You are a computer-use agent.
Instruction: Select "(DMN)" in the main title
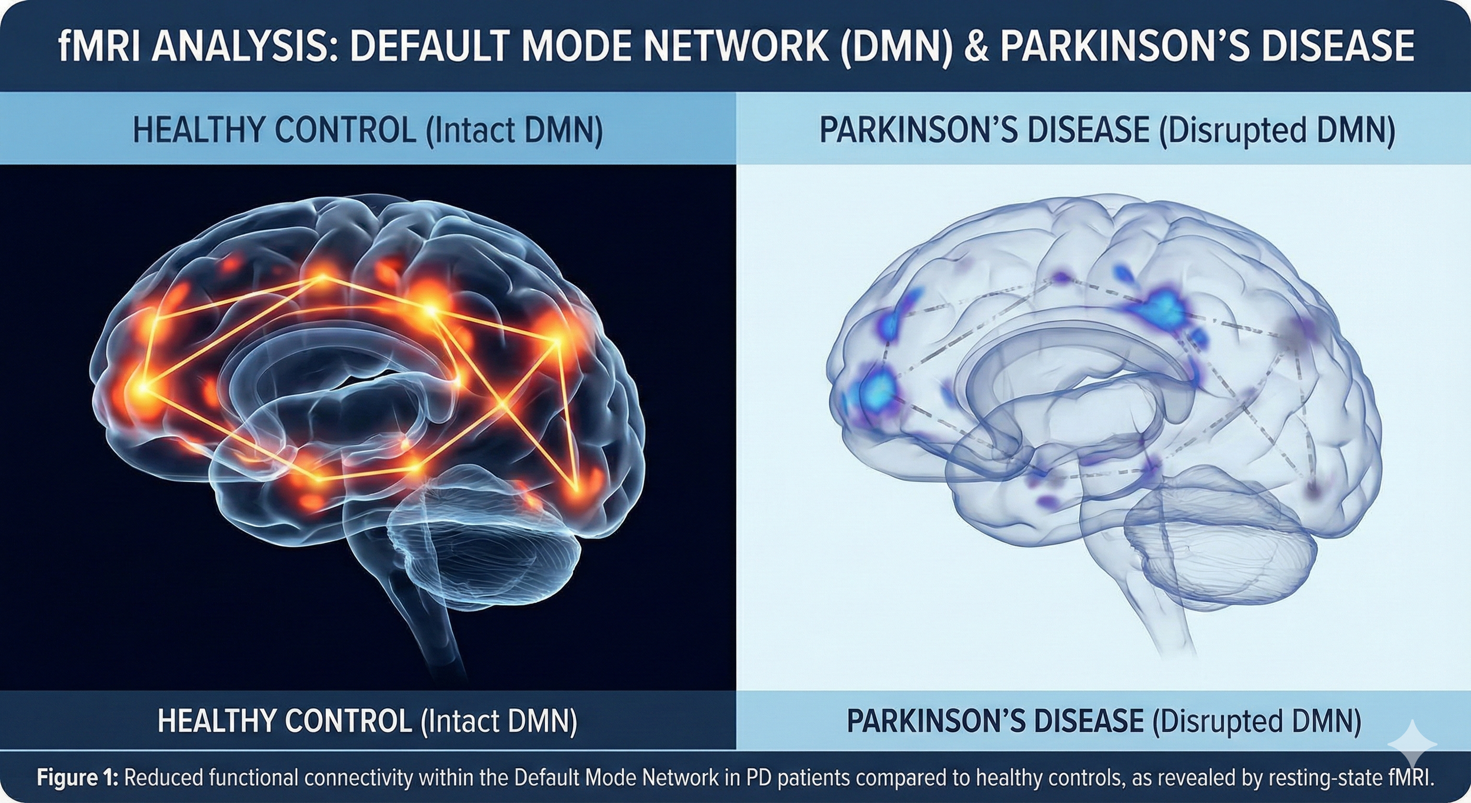[896, 46]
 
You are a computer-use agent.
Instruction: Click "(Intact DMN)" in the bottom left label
[499, 721]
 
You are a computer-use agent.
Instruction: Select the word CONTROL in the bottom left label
[348, 721]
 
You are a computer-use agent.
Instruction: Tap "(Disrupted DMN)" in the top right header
[1277, 131]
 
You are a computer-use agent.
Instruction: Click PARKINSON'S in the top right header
[918, 131]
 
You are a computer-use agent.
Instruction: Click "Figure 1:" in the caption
[78, 778]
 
